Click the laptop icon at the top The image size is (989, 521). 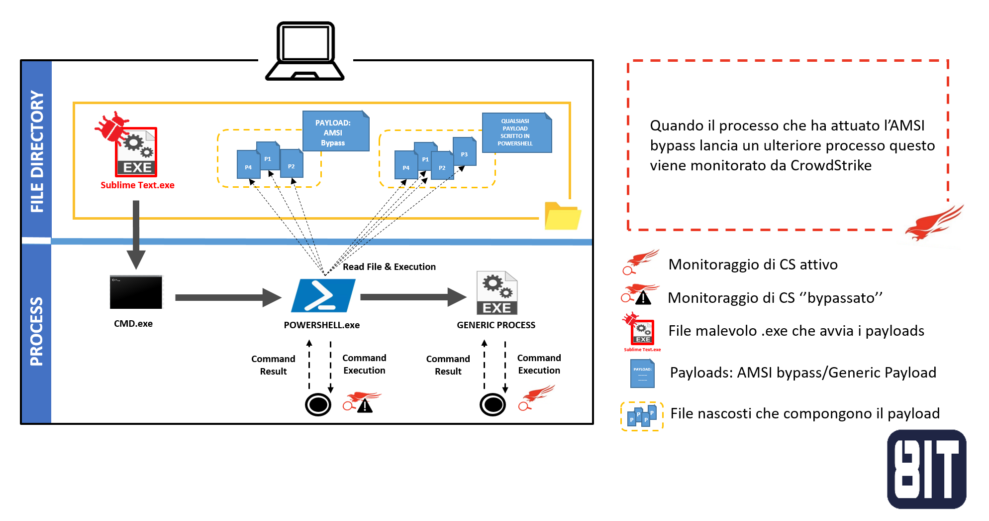[305, 51]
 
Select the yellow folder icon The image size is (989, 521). [562, 216]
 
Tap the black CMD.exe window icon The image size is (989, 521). [136, 292]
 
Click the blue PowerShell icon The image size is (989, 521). [323, 295]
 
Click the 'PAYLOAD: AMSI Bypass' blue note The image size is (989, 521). [335, 131]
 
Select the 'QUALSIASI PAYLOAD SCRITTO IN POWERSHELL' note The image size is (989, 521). [516, 132]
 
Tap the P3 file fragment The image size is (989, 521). [465, 152]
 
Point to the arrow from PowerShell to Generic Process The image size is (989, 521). [412, 297]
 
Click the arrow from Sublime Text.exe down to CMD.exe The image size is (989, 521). [136, 234]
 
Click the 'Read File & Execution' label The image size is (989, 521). [389, 267]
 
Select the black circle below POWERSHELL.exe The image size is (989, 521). [318, 404]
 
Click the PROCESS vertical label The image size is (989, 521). [37, 332]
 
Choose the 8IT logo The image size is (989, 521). [926, 469]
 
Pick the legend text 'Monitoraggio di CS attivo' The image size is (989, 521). [753, 264]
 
